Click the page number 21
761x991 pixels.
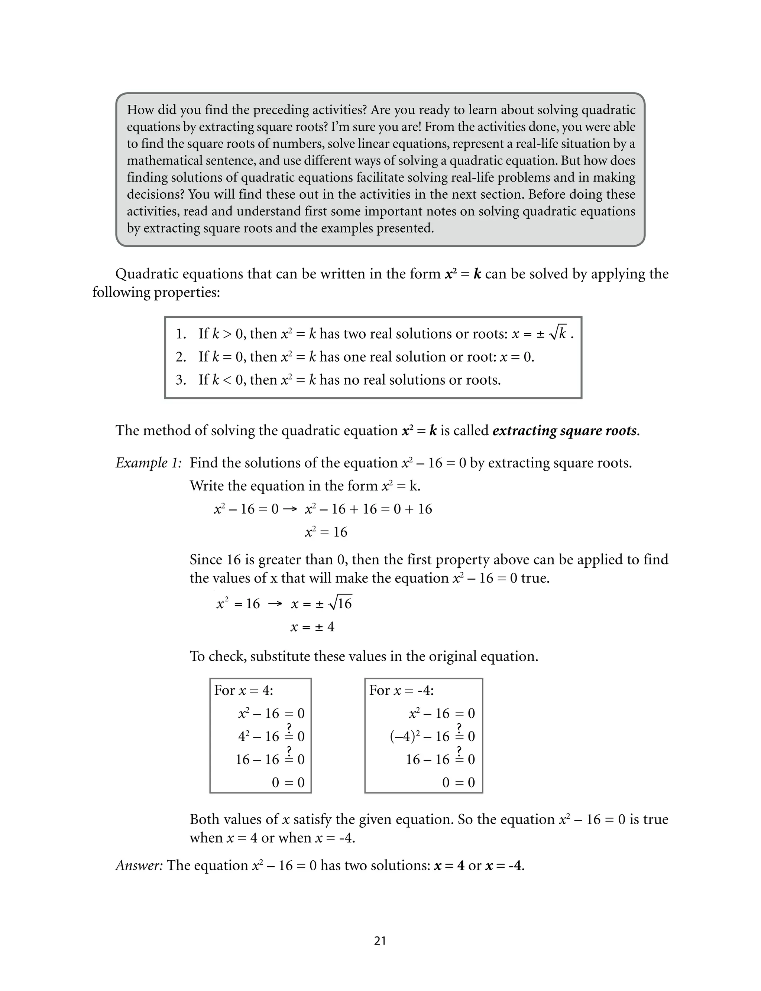tap(380, 941)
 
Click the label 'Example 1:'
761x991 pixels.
tap(149, 463)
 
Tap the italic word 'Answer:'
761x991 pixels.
tap(139, 865)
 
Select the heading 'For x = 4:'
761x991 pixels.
tap(244, 690)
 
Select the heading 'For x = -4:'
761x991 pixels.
tap(401, 690)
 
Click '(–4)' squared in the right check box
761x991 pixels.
tap(405, 736)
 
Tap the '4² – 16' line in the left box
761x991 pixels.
tap(259, 736)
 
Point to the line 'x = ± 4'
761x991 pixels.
tap(312, 627)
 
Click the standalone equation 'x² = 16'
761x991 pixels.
tap(326, 532)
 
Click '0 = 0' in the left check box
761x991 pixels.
tap(288, 782)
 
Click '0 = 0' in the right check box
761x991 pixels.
tap(459, 782)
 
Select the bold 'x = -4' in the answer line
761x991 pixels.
tap(504, 866)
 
